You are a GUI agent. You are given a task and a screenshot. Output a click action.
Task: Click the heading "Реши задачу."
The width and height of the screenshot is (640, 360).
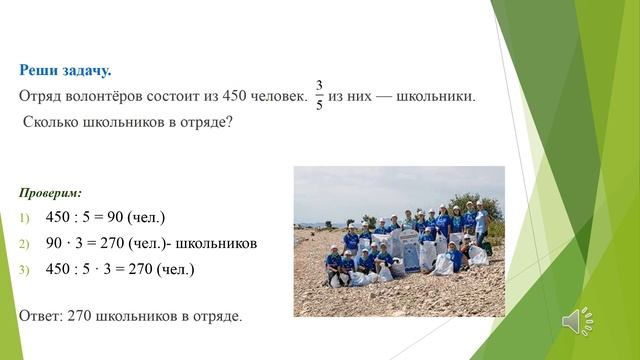(x=66, y=70)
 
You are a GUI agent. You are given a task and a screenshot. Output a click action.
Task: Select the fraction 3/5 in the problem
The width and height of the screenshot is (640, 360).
(x=319, y=96)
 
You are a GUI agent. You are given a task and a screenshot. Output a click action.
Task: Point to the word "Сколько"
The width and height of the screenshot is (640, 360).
(x=49, y=123)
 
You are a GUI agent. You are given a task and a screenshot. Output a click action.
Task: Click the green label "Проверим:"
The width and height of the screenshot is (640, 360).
(x=51, y=191)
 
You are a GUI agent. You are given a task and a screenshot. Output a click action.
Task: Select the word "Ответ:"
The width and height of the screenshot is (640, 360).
(x=41, y=315)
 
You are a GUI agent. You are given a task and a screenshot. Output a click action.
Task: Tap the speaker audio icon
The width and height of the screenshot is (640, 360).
(x=577, y=320)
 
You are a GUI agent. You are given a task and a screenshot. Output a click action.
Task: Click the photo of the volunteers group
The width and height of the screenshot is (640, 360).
(x=398, y=241)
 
